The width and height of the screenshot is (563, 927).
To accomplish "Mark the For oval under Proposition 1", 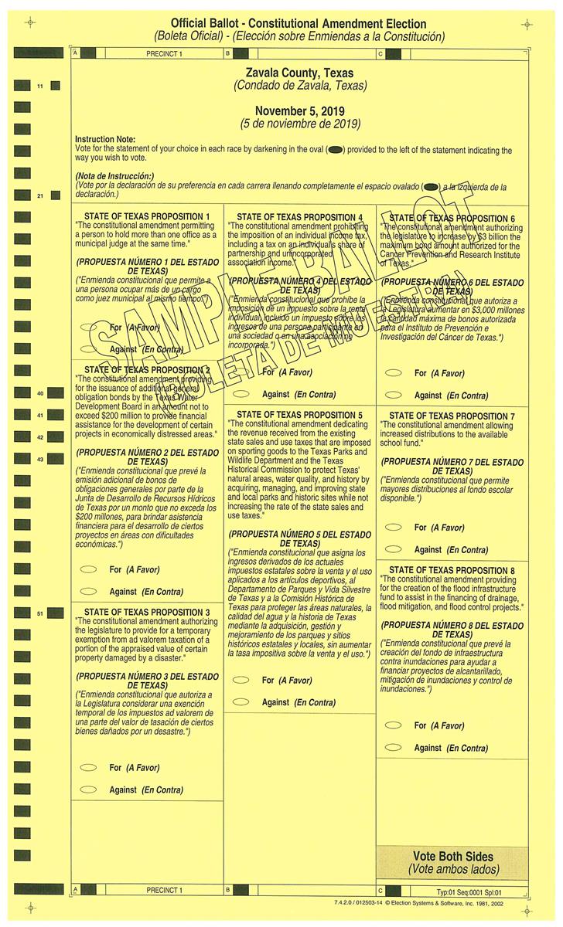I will pos(89,327).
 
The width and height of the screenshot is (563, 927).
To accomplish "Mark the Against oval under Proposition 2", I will pos(89,592).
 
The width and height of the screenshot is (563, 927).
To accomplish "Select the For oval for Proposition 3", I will pos(89,767).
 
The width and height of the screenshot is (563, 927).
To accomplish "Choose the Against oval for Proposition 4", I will pos(242,394).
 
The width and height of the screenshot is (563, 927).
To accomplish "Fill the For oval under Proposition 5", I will pos(242,680).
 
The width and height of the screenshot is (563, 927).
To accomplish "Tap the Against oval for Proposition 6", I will pos(394,395).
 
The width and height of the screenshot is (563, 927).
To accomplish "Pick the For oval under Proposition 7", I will pos(394,527).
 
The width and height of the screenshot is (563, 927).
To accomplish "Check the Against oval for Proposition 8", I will pos(394,747).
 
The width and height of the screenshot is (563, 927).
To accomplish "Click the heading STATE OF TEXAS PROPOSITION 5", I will pos(299,415).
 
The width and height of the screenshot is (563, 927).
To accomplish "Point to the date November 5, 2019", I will pos(300,111).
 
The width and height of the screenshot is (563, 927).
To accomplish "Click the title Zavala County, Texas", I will pos(300,73).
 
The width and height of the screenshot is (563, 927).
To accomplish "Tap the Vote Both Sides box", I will pos(452,863).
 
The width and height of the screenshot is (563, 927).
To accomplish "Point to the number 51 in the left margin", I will pos(39,613).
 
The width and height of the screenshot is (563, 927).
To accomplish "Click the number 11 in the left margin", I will pos(39,86).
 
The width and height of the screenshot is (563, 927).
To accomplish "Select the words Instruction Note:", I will pos(105,139).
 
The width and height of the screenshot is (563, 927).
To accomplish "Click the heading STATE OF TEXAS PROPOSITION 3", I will pos(147,612).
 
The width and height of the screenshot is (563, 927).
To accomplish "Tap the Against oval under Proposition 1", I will pos(89,349).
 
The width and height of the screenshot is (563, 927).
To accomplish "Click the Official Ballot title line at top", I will pos(299,24).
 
